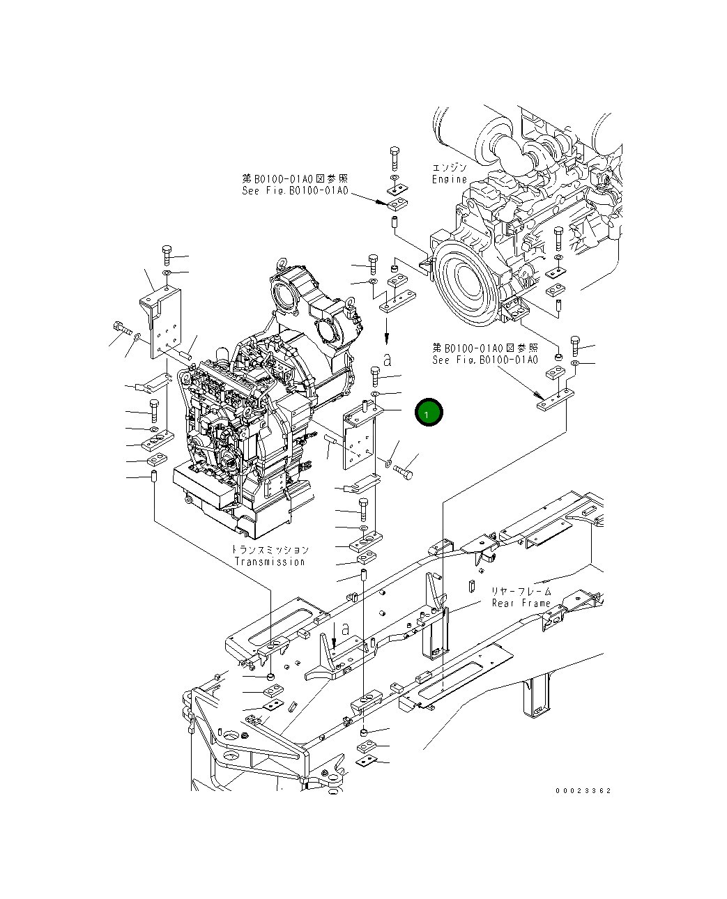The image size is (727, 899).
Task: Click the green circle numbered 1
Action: (428, 413)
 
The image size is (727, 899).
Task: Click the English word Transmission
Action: (270, 562)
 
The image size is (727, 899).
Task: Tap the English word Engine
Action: (449, 179)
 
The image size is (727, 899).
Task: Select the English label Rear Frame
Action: (521, 604)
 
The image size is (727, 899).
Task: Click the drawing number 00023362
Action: (583, 791)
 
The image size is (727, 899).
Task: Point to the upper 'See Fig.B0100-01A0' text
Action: (294, 191)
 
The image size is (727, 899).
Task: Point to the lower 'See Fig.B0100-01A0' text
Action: (485, 360)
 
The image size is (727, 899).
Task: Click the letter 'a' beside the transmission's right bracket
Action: (388, 360)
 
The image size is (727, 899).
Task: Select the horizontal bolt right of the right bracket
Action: (404, 474)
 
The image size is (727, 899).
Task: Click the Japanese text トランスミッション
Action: (270, 550)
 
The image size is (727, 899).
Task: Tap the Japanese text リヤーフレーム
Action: (521, 592)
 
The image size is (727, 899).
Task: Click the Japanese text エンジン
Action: (449, 168)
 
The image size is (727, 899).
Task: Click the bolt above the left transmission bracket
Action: (167, 252)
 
